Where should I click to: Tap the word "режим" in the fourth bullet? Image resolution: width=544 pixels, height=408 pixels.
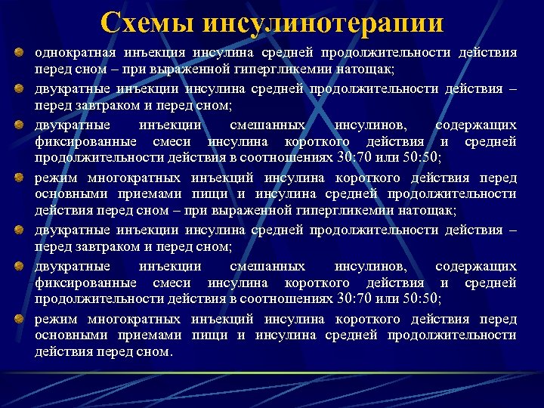click(x=55, y=178)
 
